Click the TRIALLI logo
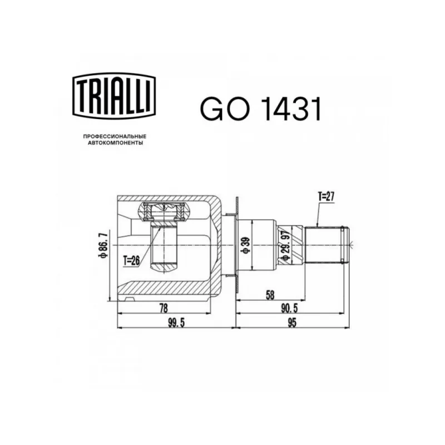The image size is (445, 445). point(114,96)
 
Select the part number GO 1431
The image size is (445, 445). point(261,109)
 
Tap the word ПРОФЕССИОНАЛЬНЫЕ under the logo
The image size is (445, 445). point(115,136)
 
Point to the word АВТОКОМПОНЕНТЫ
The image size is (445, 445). point(115,143)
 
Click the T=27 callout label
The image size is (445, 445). point(327,196)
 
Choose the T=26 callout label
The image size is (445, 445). point(132,260)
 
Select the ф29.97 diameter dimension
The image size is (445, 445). point(286,245)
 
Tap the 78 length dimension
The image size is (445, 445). point(164,308)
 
